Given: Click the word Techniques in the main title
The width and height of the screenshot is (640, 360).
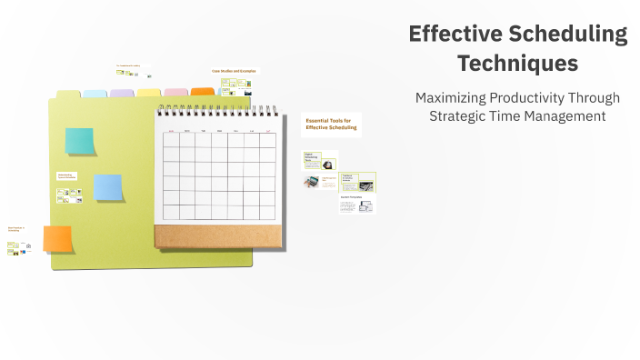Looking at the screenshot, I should point(517,64).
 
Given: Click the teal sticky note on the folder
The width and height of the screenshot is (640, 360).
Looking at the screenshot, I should point(79,141).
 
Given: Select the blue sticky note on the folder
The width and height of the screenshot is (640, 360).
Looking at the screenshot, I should point(108,187).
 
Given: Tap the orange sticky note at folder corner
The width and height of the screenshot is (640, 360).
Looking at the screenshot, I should point(57,239).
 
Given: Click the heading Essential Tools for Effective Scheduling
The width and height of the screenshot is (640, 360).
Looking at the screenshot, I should point(331,125).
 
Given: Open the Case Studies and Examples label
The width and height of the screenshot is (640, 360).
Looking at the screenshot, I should point(234,71).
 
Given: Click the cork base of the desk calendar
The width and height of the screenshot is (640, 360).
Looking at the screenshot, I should point(218,236).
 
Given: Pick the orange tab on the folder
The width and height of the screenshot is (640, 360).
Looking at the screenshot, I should point(203,92).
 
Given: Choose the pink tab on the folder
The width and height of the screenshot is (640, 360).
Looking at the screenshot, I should point(176,93).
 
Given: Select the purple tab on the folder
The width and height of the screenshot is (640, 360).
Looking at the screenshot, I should point(122,93).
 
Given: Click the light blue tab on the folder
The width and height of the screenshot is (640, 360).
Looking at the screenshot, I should point(95,93).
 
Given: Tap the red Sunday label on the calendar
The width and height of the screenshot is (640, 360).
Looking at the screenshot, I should point(171,131).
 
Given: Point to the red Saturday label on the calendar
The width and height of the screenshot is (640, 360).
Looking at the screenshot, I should point(267,131).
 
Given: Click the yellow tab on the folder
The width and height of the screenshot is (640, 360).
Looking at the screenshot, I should point(149,93).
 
